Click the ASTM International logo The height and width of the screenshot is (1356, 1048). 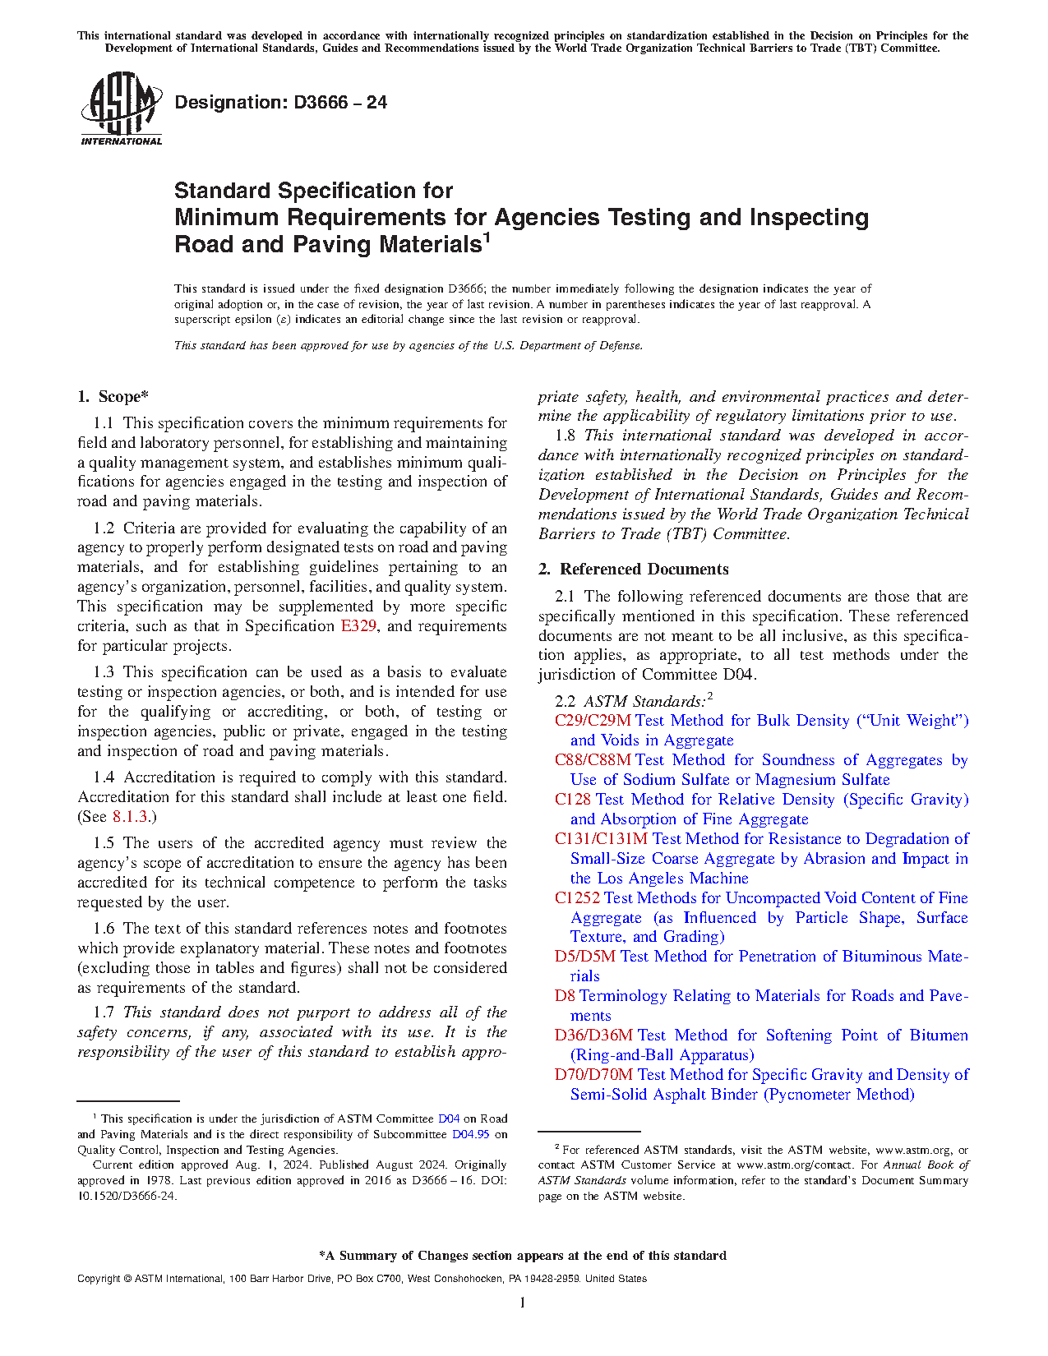[x=121, y=108]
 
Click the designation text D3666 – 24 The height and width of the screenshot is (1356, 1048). [x=280, y=103]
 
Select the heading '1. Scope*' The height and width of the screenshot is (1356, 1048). [x=113, y=397]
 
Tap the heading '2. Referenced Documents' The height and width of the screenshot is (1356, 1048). [x=633, y=570]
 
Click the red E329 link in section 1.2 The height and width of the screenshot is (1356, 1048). [x=358, y=626]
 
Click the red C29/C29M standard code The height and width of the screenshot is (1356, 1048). [x=593, y=721]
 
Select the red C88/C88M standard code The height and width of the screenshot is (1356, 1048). [x=593, y=760]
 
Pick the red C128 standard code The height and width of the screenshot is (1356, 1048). [x=573, y=800]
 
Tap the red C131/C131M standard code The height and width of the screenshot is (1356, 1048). [x=601, y=839]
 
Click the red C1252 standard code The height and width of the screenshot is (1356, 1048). [x=577, y=898]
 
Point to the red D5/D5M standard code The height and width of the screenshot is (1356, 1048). [x=584, y=957]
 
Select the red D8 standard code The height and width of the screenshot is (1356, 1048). [x=565, y=996]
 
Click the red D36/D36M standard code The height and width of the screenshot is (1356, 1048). [x=593, y=1035]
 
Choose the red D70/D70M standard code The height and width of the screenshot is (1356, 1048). [x=593, y=1075]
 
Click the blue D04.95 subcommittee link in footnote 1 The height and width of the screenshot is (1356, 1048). [x=470, y=1134]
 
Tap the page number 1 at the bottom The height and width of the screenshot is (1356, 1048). [x=523, y=1303]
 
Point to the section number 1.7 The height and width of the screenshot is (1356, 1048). [x=104, y=1012]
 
